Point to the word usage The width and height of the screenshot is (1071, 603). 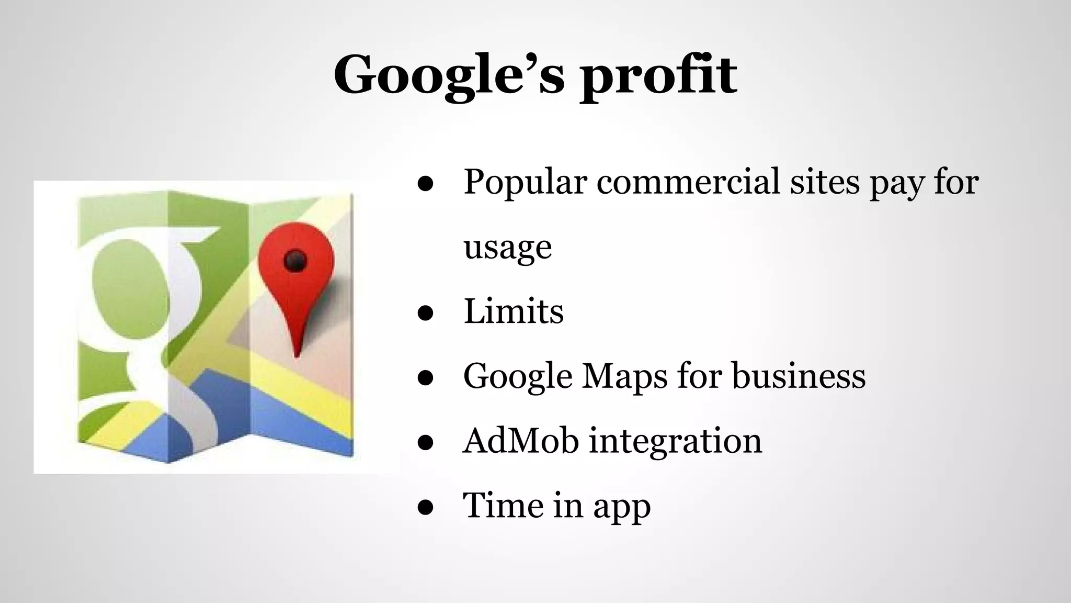click(x=507, y=247)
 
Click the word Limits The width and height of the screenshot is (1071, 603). click(x=514, y=311)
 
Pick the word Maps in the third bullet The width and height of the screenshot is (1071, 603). click(x=624, y=376)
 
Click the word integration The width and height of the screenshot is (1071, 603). click(x=676, y=441)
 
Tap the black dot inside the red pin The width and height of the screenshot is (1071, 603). click(x=295, y=260)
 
